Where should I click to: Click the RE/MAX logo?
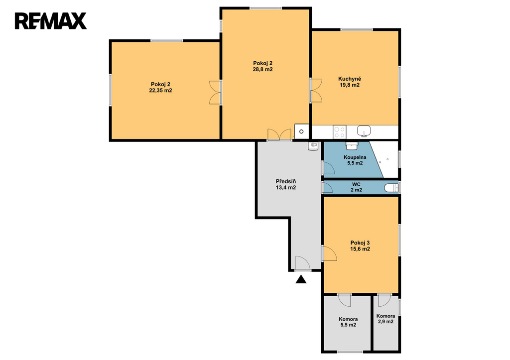[x=50, y=21]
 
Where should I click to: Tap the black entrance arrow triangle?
[x=301, y=279]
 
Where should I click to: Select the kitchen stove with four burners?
[x=340, y=132]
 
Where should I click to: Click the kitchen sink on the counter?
[x=364, y=131]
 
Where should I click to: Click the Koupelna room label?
[x=355, y=157]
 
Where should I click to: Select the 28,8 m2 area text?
[x=263, y=69]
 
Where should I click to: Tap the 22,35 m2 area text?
[x=161, y=91]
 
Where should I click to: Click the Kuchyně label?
[x=350, y=79]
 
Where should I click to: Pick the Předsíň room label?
[x=286, y=181]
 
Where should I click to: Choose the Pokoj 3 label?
[x=360, y=242]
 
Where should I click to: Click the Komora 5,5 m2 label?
[x=348, y=322]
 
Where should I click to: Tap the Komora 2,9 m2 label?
[x=386, y=319]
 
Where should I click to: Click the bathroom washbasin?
[x=352, y=145]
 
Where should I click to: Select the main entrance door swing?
[x=303, y=263]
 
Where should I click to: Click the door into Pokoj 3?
[x=329, y=253]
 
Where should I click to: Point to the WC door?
[x=327, y=187]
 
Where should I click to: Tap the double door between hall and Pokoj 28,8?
[x=279, y=135]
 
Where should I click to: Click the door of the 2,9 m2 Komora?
[x=384, y=300]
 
